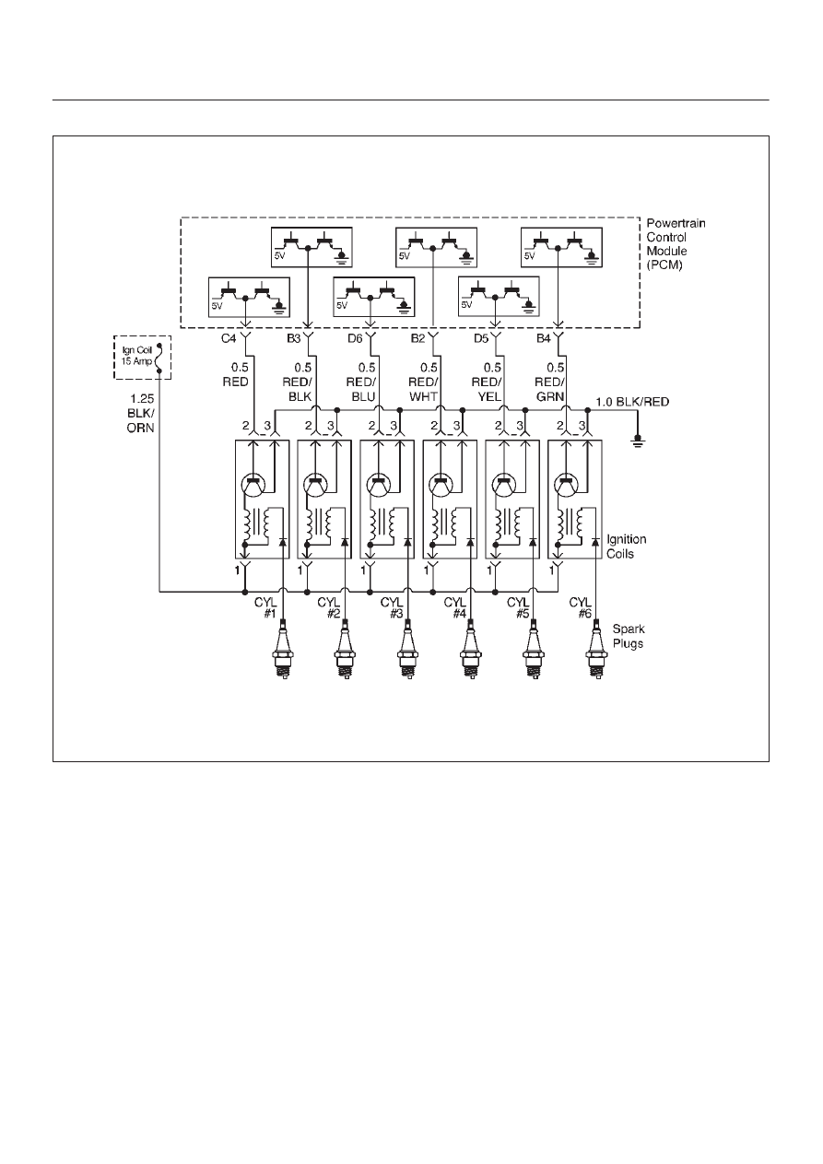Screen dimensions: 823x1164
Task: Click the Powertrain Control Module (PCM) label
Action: (676, 243)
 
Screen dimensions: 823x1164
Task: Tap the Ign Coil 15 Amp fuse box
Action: (142, 357)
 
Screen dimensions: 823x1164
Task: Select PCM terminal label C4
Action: (229, 338)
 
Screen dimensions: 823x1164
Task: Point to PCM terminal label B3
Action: (293, 338)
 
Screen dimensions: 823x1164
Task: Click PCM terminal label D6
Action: (355, 338)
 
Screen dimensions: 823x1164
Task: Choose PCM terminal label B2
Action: (417, 338)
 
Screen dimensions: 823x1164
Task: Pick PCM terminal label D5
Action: (480, 338)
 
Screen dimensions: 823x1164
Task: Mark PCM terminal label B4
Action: (543, 338)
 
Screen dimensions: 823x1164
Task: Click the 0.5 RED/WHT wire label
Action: (424, 382)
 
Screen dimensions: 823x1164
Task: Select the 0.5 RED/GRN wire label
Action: (549, 382)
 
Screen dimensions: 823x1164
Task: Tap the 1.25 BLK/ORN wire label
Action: (141, 413)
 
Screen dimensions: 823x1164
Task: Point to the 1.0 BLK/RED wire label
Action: (632, 402)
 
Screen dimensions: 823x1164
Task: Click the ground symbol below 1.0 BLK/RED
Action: (638, 442)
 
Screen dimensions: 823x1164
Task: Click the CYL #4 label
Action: (455, 607)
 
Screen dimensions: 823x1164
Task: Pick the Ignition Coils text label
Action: (626, 547)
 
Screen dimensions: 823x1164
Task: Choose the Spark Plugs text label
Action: (629, 636)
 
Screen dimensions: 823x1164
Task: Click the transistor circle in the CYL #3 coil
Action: (379, 485)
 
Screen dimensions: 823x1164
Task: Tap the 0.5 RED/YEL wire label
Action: (487, 382)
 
